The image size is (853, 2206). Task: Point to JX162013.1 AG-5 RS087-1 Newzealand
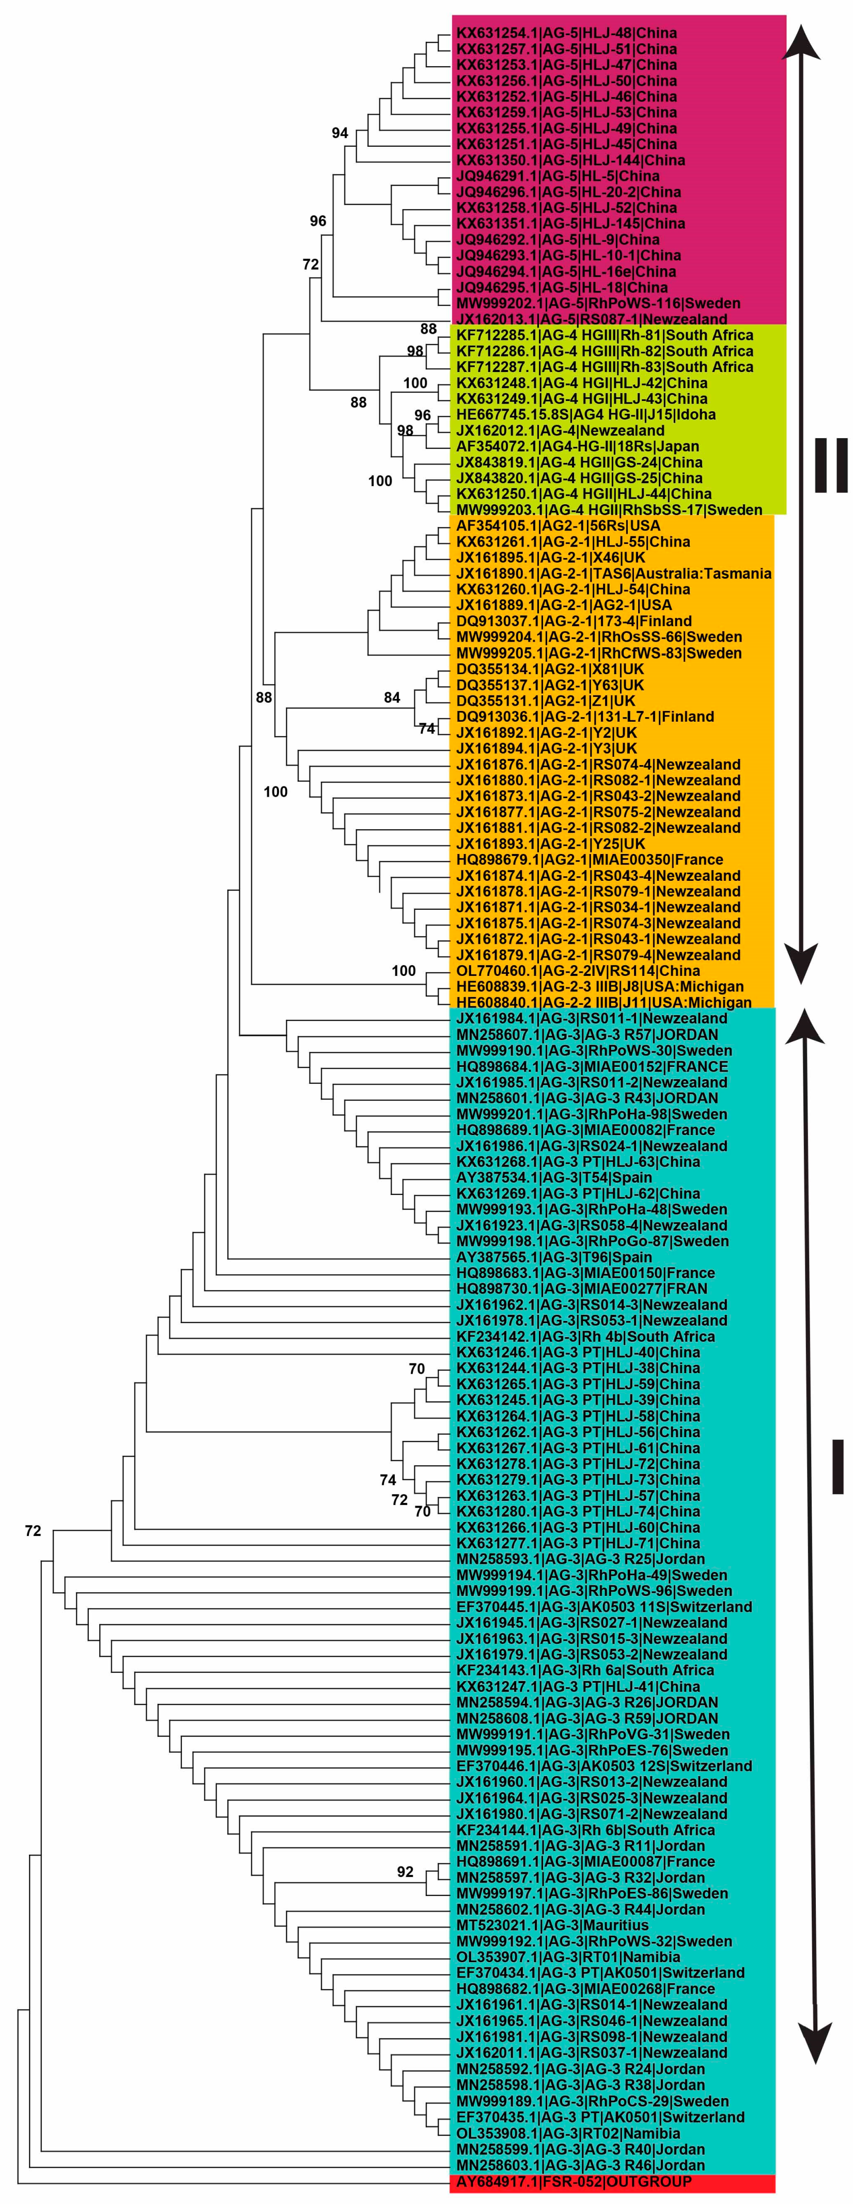click(591, 319)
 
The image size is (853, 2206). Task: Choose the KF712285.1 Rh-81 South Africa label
click(604, 335)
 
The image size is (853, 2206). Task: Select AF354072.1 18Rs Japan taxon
click(577, 446)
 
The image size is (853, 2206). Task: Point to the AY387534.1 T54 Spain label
click(554, 1177)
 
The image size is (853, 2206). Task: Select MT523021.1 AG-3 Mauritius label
click(552, 1925)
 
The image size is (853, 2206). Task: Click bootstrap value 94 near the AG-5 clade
click(340, 133)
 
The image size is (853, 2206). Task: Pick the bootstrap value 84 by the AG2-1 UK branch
click(392, 698)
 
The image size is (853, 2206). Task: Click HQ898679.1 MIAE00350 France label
click(589, 860)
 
